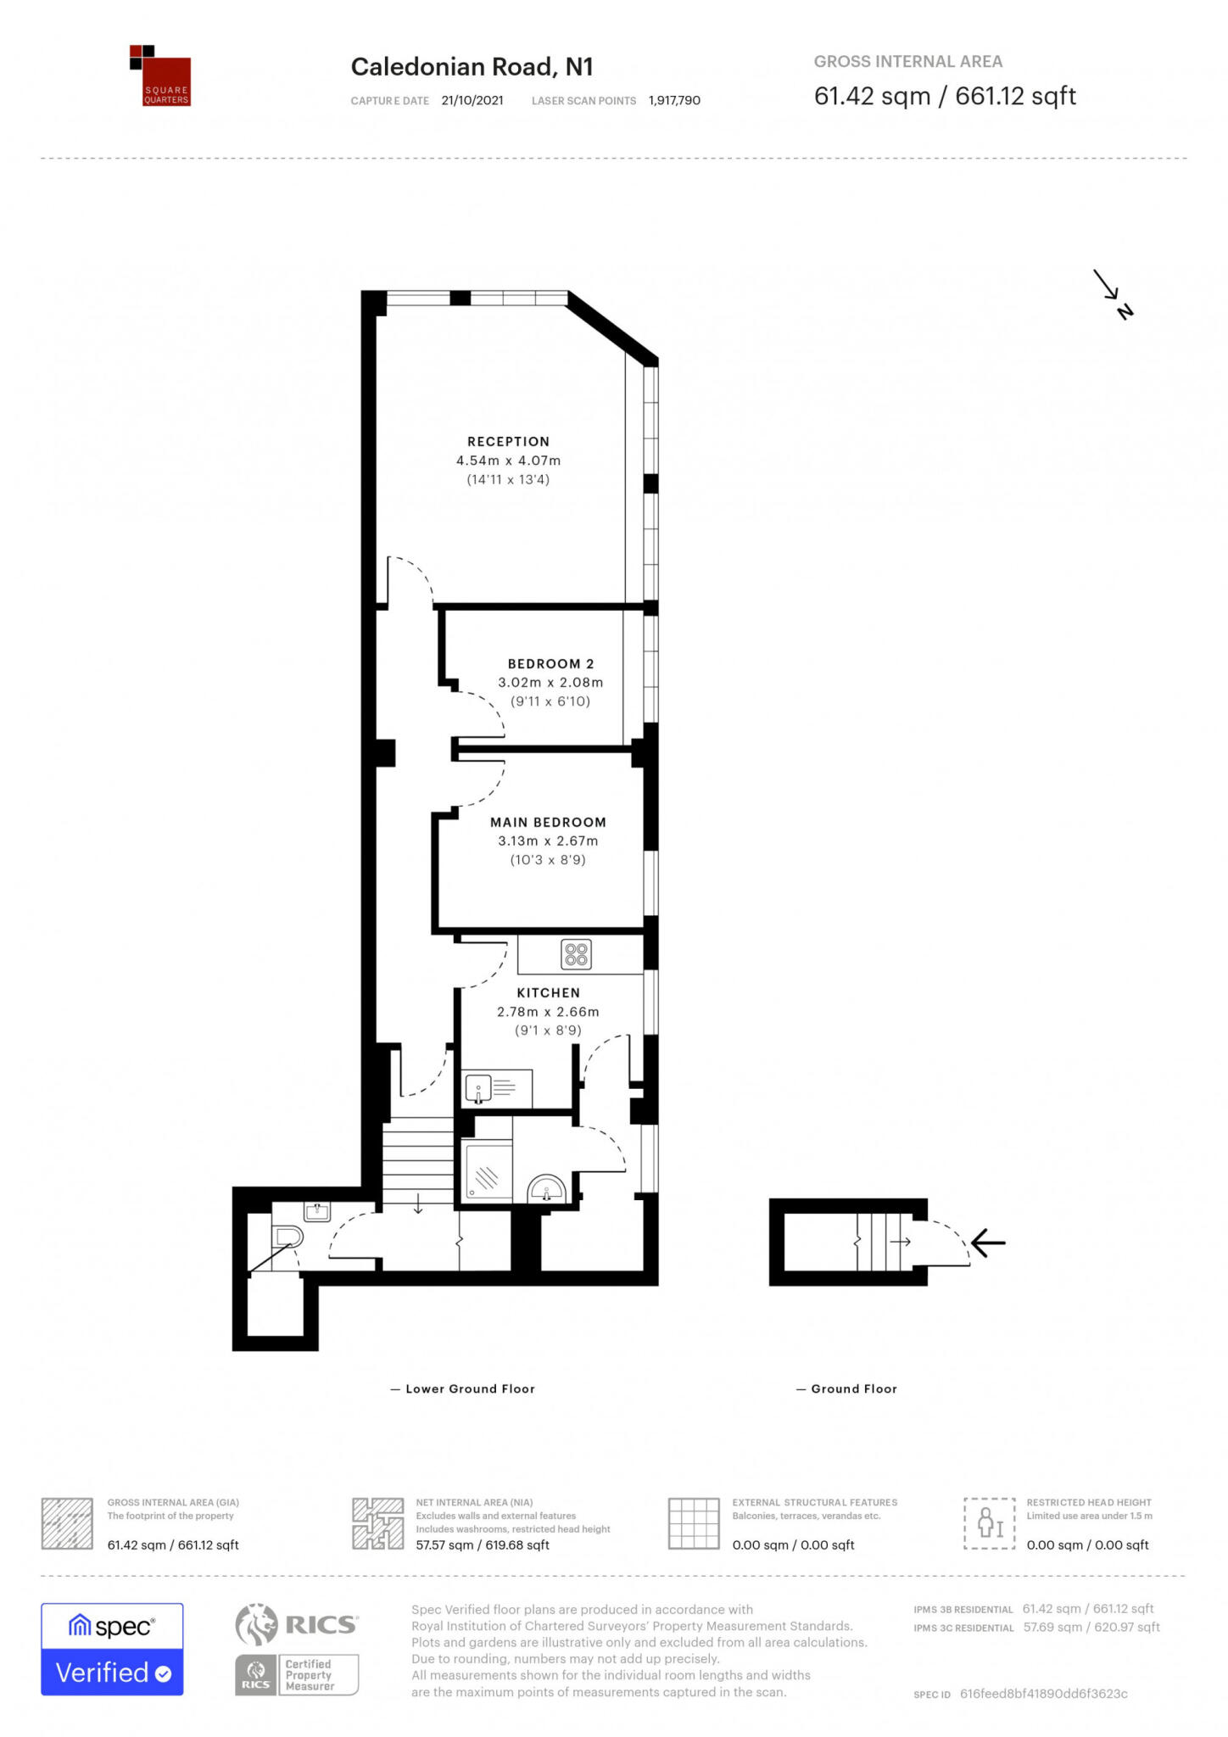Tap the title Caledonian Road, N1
coord(472,67)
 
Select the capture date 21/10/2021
coord(472,100)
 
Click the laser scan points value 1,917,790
coord(674,100)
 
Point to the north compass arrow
coord(1112,293)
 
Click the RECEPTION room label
coord(508,441)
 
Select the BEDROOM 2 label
coord(550,663)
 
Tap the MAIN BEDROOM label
coord(548,822)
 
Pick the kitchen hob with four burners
coord(576,955)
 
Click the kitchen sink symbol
coord(479,1088)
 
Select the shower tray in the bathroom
coord(487,1170)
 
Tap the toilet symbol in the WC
coord(287,1237)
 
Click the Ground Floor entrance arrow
coord(988,1243)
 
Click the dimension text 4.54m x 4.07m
coord(508,461)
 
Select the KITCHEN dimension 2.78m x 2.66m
coord(548,1011)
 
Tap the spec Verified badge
coord(112,1649)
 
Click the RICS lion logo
coord(257,1624)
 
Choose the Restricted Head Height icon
coord(989,1524)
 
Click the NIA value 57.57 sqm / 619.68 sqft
coord(482,1544)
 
